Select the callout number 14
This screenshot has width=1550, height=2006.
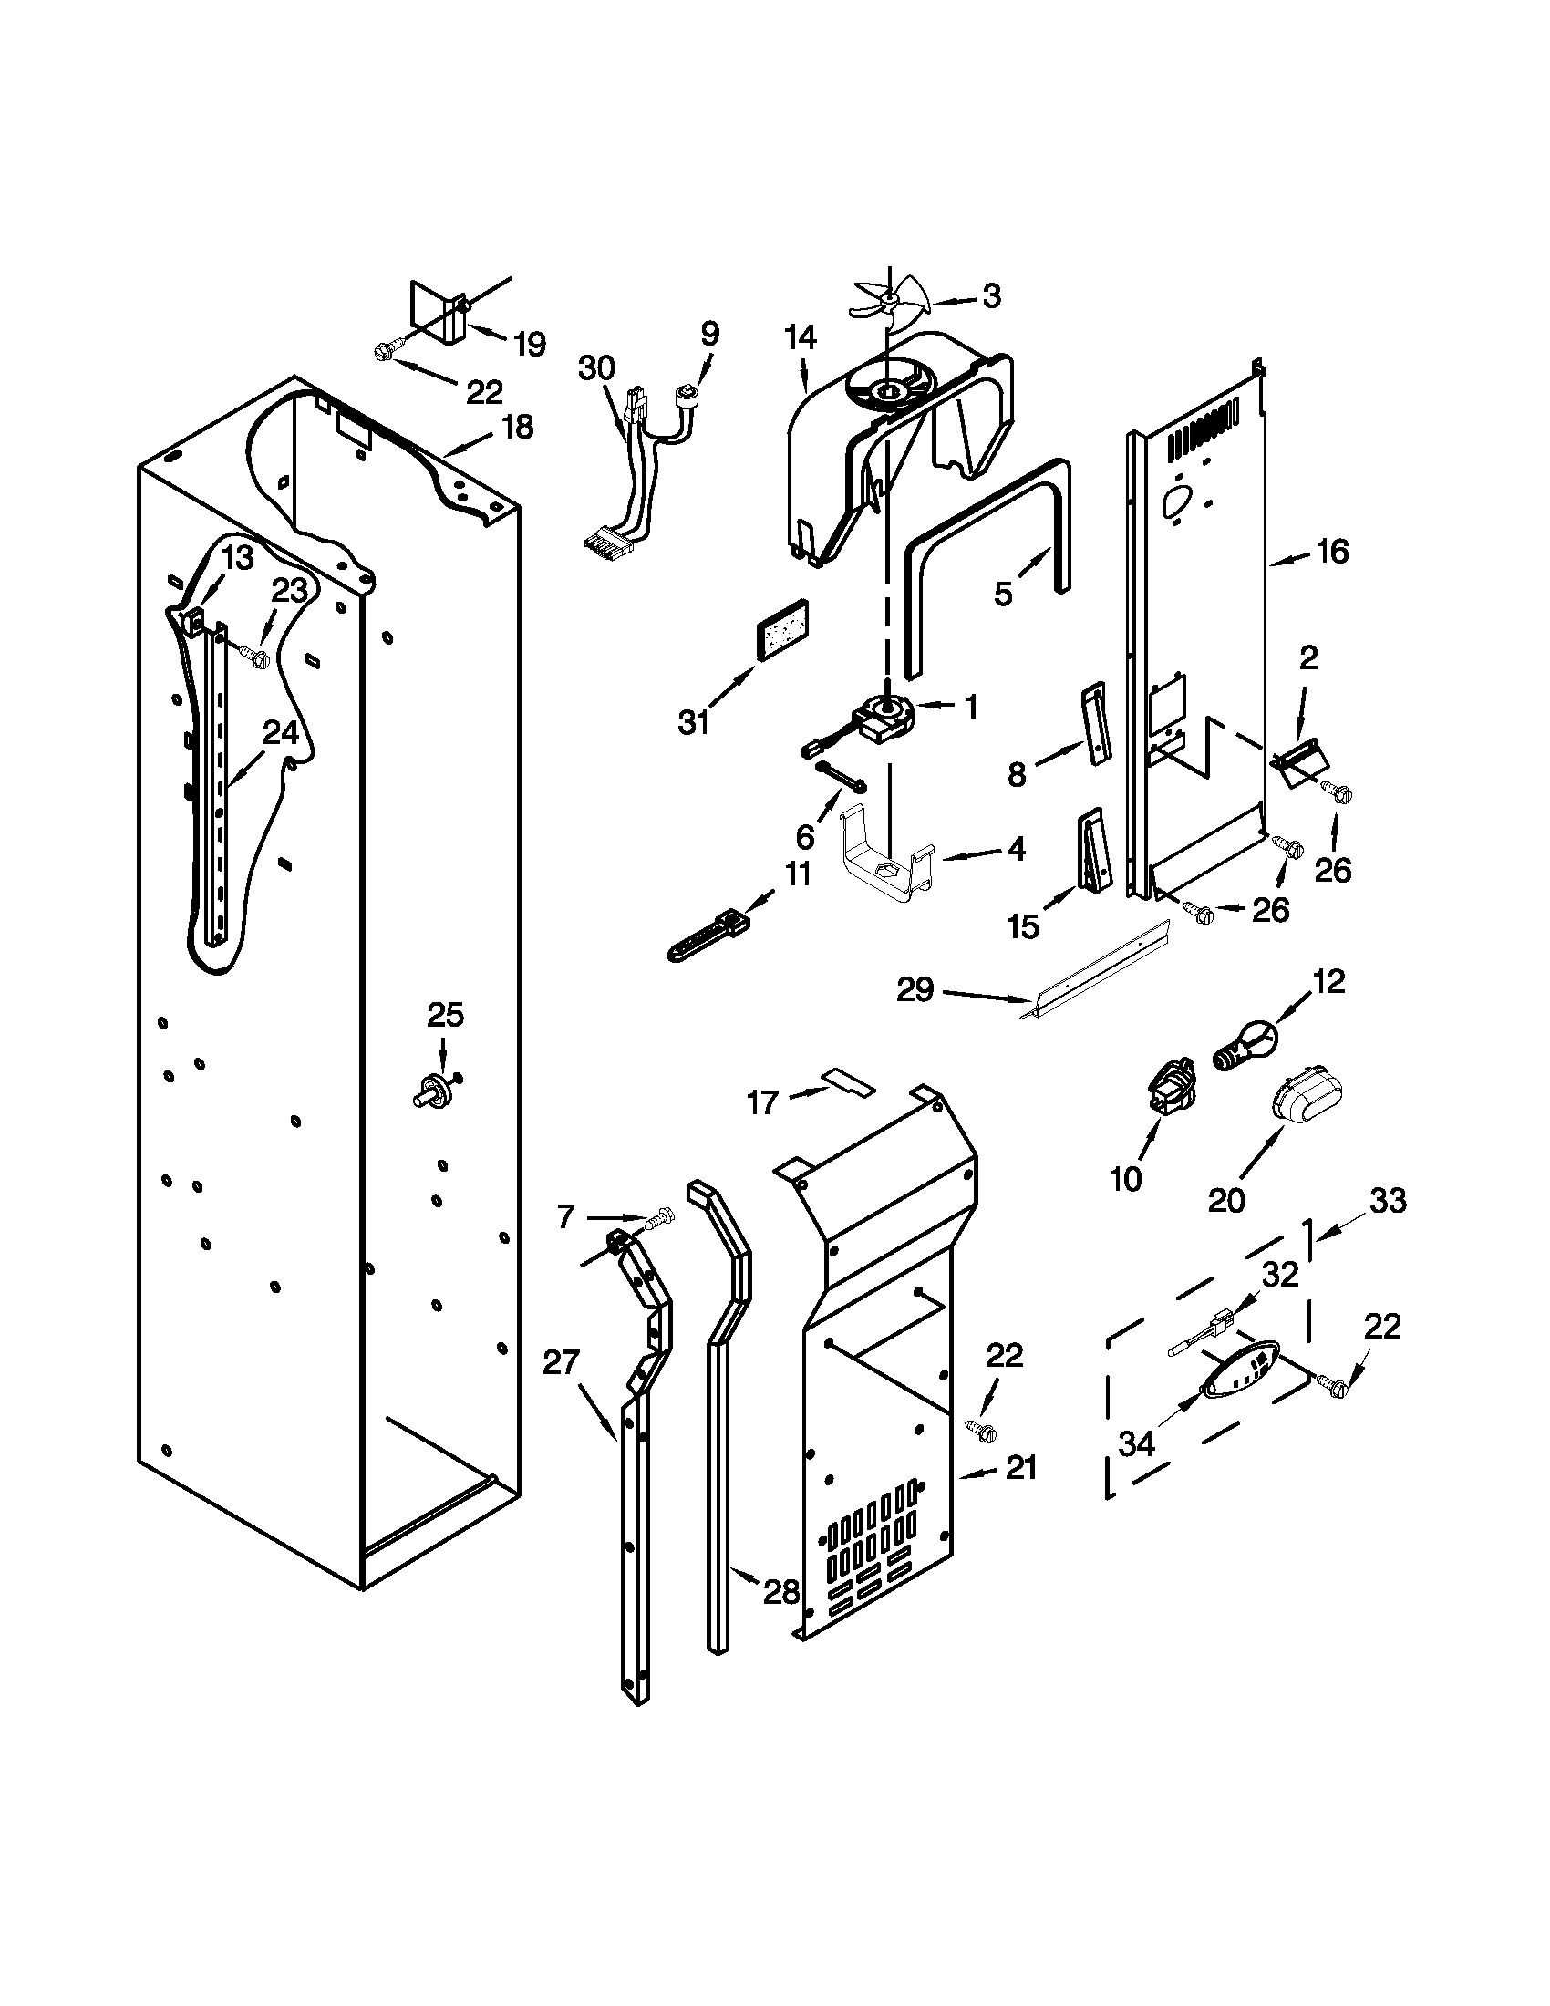tap(800, 339)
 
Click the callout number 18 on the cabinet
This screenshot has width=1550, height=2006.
tap(518, 427)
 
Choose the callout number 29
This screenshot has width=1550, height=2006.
tap(915, 989)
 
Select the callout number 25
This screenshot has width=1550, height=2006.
tap(445, 1015)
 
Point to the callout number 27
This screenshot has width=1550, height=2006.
tap(561, 1361)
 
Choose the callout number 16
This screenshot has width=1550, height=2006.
tap(1332, 552)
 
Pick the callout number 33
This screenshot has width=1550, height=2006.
tap(1388, 1201)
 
